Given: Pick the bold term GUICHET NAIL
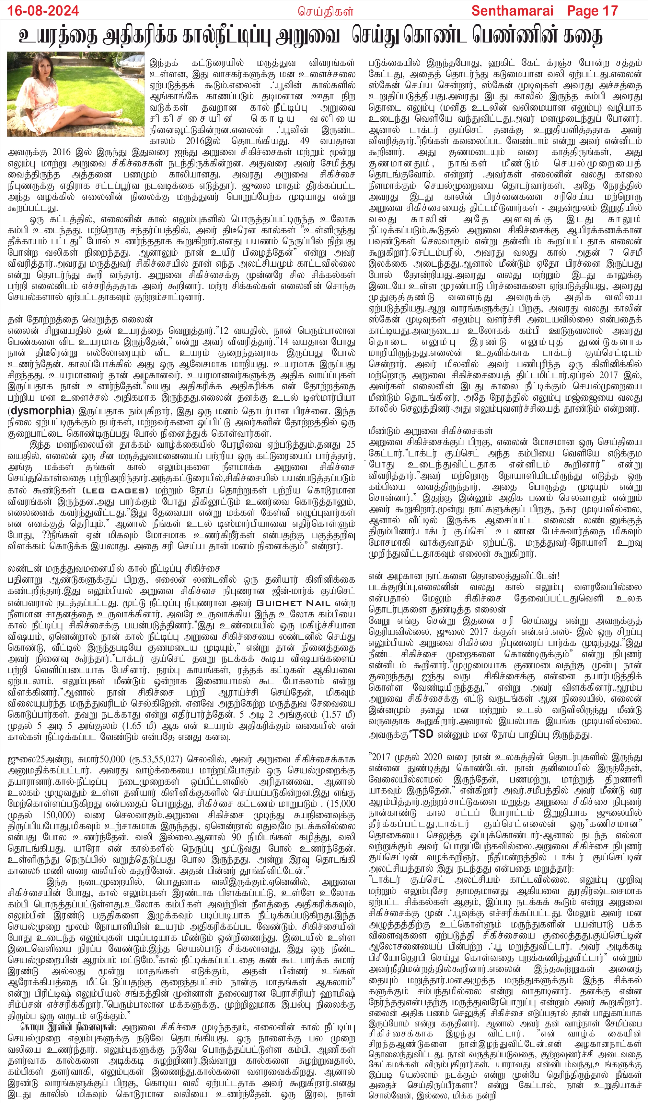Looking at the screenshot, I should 294,603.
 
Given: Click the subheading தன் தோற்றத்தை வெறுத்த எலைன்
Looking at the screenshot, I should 80,320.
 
